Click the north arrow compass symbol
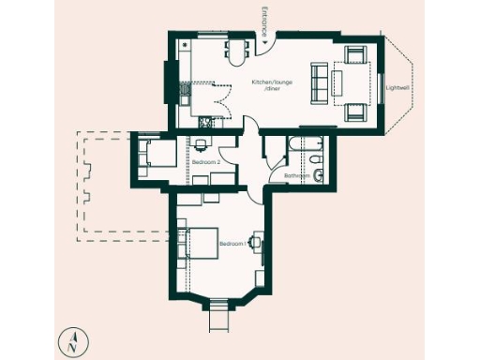point(72,342)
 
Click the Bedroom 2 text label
point(206,162)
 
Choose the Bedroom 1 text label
point(232,244)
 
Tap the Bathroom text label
point(296,174)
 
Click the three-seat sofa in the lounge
point(319,82)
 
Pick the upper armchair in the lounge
point(356,55)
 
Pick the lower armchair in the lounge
point(356,112)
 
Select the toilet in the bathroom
point(318,174)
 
